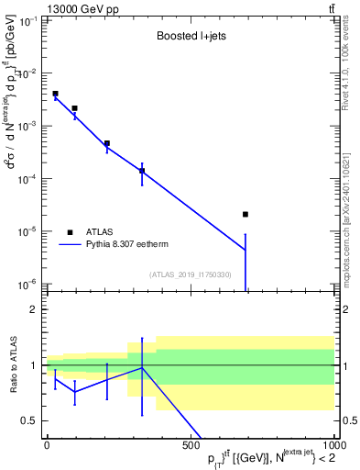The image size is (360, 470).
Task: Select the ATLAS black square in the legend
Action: [70, 232]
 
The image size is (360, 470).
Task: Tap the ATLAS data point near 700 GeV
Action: [245, 214]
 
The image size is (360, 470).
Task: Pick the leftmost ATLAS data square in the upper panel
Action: [55, 94]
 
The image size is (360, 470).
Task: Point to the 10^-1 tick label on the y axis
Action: [27, 20]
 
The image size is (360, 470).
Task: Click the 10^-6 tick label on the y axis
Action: [27, 284]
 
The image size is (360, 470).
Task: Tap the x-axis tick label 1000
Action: [333, 445]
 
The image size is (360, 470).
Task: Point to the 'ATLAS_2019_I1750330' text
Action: [191, 274]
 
